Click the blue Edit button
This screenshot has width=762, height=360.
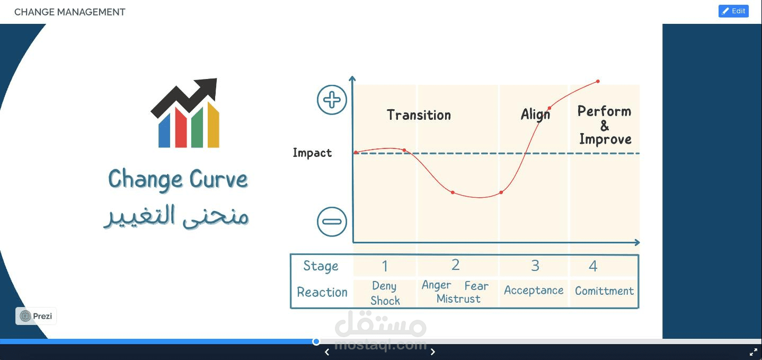tap(733, 11)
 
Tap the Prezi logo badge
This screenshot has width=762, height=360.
tap(36, 316)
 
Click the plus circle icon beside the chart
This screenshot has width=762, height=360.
tap(332, 100)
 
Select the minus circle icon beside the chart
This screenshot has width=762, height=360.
tap(332, 222)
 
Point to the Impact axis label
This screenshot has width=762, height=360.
tap(312, 153)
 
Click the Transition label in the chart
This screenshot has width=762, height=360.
tap(419, 115)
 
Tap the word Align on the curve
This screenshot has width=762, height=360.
tap(535, 115)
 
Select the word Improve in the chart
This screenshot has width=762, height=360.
tap(605, 139)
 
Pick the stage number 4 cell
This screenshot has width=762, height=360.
tap(593, 266)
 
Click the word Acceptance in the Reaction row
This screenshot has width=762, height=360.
tap(534, 290)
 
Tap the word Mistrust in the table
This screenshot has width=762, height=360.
tap(458, 298)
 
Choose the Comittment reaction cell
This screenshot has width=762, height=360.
tap(604, 291)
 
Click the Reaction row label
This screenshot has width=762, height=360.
tap(322, 292)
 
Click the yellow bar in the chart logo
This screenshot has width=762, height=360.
tap(214, 125)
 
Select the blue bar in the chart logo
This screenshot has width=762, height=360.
tap(164, 130)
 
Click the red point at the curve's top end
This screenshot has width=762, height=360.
tap(598, 81)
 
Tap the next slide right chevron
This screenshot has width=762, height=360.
tap(432, 352)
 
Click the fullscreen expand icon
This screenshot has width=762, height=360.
tap(753, 352)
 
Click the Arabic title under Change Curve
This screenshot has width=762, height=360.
tap(176, 216)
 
